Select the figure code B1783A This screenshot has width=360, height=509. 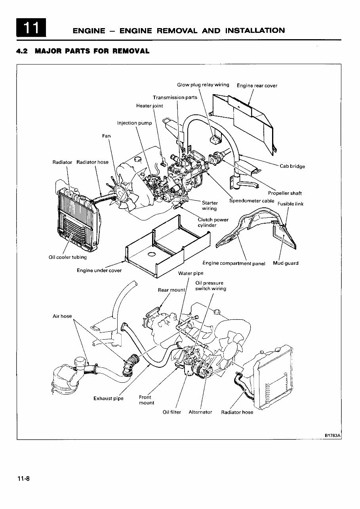coord(332,435)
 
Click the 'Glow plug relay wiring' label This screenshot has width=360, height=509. coord(203,85)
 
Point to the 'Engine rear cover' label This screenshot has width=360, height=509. coord(257,85)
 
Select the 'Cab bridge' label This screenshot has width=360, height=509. coord(292,166)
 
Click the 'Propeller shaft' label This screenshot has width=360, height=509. coord(285,193)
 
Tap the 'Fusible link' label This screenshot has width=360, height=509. coord(290,204)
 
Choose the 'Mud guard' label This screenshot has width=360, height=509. coord(286,263)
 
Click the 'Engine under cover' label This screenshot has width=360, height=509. coord(99,270)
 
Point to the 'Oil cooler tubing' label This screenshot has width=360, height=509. coord(67,257)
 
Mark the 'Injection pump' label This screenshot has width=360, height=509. coord(134,123)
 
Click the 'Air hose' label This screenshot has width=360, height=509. coord(62,316)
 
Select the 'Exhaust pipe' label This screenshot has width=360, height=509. coord(108,398)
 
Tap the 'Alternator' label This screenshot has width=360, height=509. coord(200,412)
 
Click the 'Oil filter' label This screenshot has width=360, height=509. coord(172,412)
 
